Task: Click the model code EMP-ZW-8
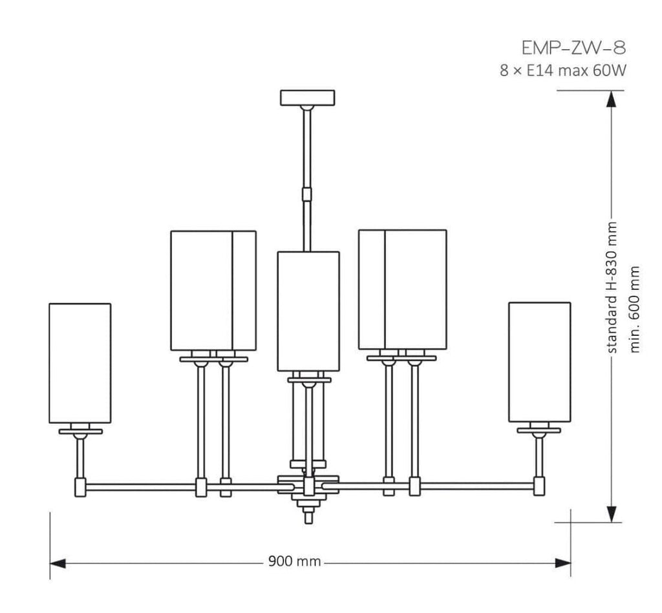pyautogui.click(x=573, y=48)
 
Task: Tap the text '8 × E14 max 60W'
pyautogui.click(x=563, y=70)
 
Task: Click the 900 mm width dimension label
pyautogui.click(x=294, y=561)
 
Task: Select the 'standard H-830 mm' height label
pyautogui.click(x=612, y=287)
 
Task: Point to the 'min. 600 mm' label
pyautogui.click(x=635, y=309)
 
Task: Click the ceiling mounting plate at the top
pyautogui.click(x=307, y=98)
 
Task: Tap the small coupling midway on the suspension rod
pyautogui.click(x=307, y=194)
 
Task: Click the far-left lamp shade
pyautogui.click(x=80, y=363)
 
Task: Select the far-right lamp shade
pyautogui.click(x=540, y=362)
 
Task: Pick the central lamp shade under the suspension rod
pyautogui.click(x=308, y=311)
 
